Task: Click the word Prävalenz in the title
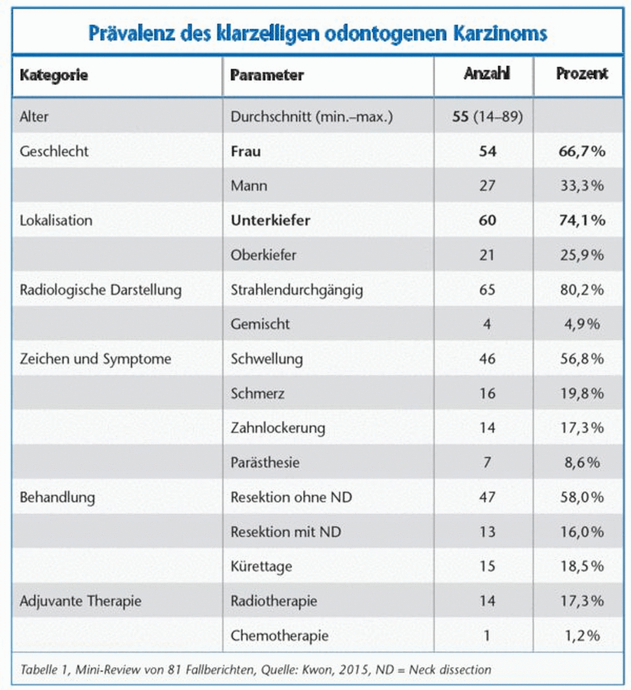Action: click(x=132, y=33)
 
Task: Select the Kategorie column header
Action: click(x=54, y=75)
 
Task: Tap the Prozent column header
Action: click(x=582, y=73)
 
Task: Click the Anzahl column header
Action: click(x=487, y=73)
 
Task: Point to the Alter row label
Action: click(x=34, y=116)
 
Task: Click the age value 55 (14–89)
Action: click(x=487, y=116)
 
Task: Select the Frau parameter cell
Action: click(x=245, y=152)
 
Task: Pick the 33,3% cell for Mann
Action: click(x=582, y=185)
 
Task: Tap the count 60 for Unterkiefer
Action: click(x=487, y=220)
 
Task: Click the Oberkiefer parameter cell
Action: click(x=263, y=255)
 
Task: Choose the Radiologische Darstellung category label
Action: click(x=100, y=290)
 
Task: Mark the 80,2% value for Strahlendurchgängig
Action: click(x=582, y=290)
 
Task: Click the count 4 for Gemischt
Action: click(x=487, y=324)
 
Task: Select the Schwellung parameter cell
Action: click(x=267, y=359)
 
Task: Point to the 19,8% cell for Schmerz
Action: click(x=582, y=394)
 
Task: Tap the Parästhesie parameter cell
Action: click(x=265, y=463)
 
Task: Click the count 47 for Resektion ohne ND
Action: click(x=487, y=497)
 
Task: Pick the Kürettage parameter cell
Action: click(x=261, y=567)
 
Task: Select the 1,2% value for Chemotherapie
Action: click(x=582, y=636)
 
